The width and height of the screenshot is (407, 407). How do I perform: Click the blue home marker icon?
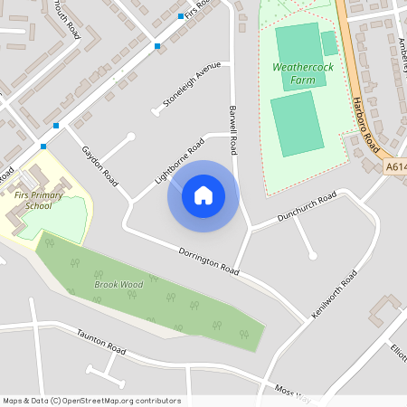coord(203,195)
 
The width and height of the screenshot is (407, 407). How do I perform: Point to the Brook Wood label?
coord(119,284)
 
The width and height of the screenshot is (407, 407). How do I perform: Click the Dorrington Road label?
coord(208,260)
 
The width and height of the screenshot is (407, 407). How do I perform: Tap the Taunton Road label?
coord(101,340)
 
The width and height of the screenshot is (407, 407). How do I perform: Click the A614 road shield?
coord(395,166)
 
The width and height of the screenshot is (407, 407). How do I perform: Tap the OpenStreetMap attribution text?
coord(91,401)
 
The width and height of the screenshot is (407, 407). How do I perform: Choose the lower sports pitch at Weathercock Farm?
coord(297,123)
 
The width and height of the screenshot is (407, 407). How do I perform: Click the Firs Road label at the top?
coord(197,7)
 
